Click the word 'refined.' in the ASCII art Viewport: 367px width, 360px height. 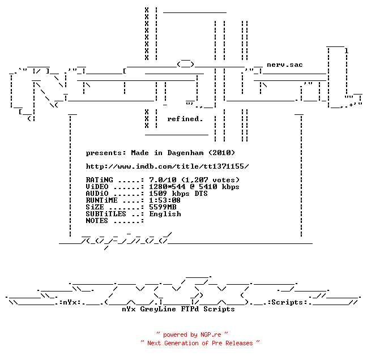click(x=185, y=119)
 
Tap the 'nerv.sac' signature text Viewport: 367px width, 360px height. click(x=285, y=65)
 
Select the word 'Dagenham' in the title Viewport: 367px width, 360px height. click(x=185, y=153)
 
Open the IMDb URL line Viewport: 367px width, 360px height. click(x=167, y=166)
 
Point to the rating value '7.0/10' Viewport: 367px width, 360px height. click(x=163, y=180)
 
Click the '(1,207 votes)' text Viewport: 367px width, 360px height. click(x=211, y=180)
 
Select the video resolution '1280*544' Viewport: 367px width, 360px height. click(x=167, y=187)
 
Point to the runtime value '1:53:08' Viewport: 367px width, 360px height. click(x=165, y=200)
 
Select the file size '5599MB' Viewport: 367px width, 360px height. click(x=163, y=207)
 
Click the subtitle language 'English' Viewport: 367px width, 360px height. click(x=165, y=214)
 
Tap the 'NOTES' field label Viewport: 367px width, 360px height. click(x=97, y=221)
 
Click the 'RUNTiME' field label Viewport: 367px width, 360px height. click(x=101, y=200)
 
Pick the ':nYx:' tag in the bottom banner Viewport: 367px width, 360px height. click(x=70, y=302)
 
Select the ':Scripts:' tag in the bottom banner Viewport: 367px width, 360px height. click(x=287, y=302)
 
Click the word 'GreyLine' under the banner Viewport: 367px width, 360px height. click(x=158, y=309)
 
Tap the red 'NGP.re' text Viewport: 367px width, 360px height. click(x=211, y=335)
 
